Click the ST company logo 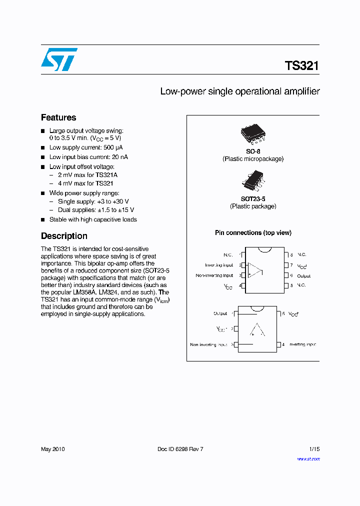[x=59, y=59]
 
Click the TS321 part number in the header [x=301, y=66]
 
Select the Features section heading [x=58, y=118]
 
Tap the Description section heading [x=64, y=236]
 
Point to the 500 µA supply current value [x=112, y=147]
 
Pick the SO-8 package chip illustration [x=253, y=133]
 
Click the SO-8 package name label [x=253, y=151]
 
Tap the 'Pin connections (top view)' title [x=253, y=233]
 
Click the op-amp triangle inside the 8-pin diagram [x=255, y=270]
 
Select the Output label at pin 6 [x=303, y=275]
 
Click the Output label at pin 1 [x=220, y=313]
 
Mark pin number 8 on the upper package [x=291, y=255]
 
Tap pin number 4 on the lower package [x=283, y=344]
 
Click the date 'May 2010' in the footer [x=52, y=449]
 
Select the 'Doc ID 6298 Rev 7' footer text [x=180, y=449]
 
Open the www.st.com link [x=308, y=458]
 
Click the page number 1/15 [x=313, y=449]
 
